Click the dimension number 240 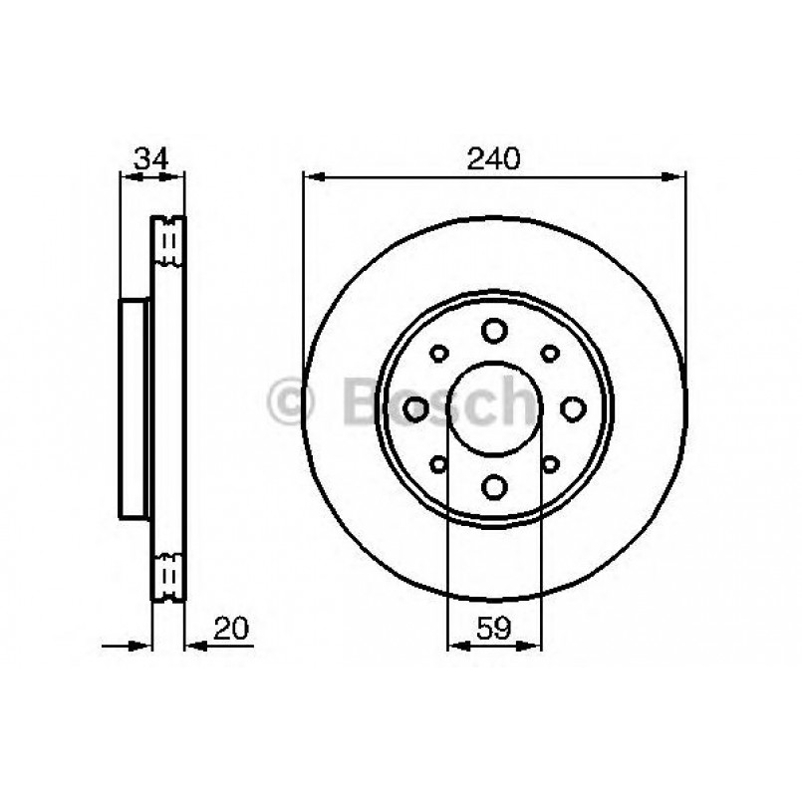[x=493, y=158]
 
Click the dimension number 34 [x=150, y=158]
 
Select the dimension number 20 [x=231, y=628]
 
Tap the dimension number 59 [x=493, y=628]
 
